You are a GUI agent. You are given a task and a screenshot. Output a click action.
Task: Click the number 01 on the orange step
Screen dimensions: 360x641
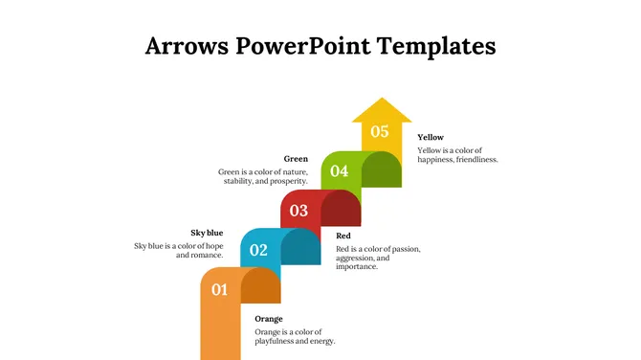click(x=219, y=289)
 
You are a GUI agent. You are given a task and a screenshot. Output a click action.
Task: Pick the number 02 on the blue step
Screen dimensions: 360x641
click(x=258, y=251)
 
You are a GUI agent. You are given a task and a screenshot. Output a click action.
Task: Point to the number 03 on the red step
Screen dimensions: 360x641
click(x=298, y=211)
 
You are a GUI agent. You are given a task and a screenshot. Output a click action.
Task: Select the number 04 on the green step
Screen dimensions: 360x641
click(x=340, y=171)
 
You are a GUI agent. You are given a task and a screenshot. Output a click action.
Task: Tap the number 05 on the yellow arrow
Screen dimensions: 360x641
click(x=380, y=132)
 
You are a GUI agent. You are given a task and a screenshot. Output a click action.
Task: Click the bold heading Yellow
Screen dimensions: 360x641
click(x=431, y=138)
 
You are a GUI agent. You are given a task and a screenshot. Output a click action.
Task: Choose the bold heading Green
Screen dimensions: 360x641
click(x=296, y=159)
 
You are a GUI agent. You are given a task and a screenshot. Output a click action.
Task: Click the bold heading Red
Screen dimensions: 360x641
click(x=343, y=236)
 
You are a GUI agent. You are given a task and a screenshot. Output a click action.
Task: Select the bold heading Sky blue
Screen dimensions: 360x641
click(x=207, y=233)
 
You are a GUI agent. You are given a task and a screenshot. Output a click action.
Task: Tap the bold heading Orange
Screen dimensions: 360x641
click(x=269, y=319)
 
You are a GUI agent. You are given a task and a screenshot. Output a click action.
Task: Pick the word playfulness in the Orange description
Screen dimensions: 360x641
click(x=278, y=341)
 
